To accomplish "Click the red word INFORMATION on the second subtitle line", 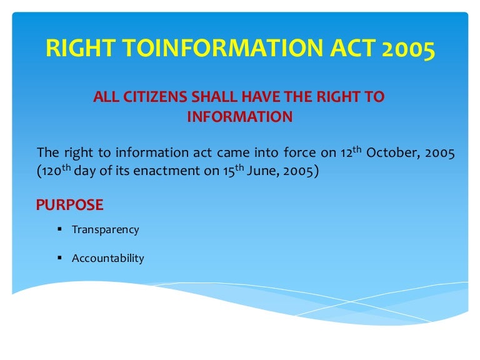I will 239,117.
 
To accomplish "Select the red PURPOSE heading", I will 69,205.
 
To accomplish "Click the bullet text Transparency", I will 105,229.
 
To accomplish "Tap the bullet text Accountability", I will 107,257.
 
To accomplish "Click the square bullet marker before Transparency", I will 59,229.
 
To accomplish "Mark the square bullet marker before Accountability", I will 59,257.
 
